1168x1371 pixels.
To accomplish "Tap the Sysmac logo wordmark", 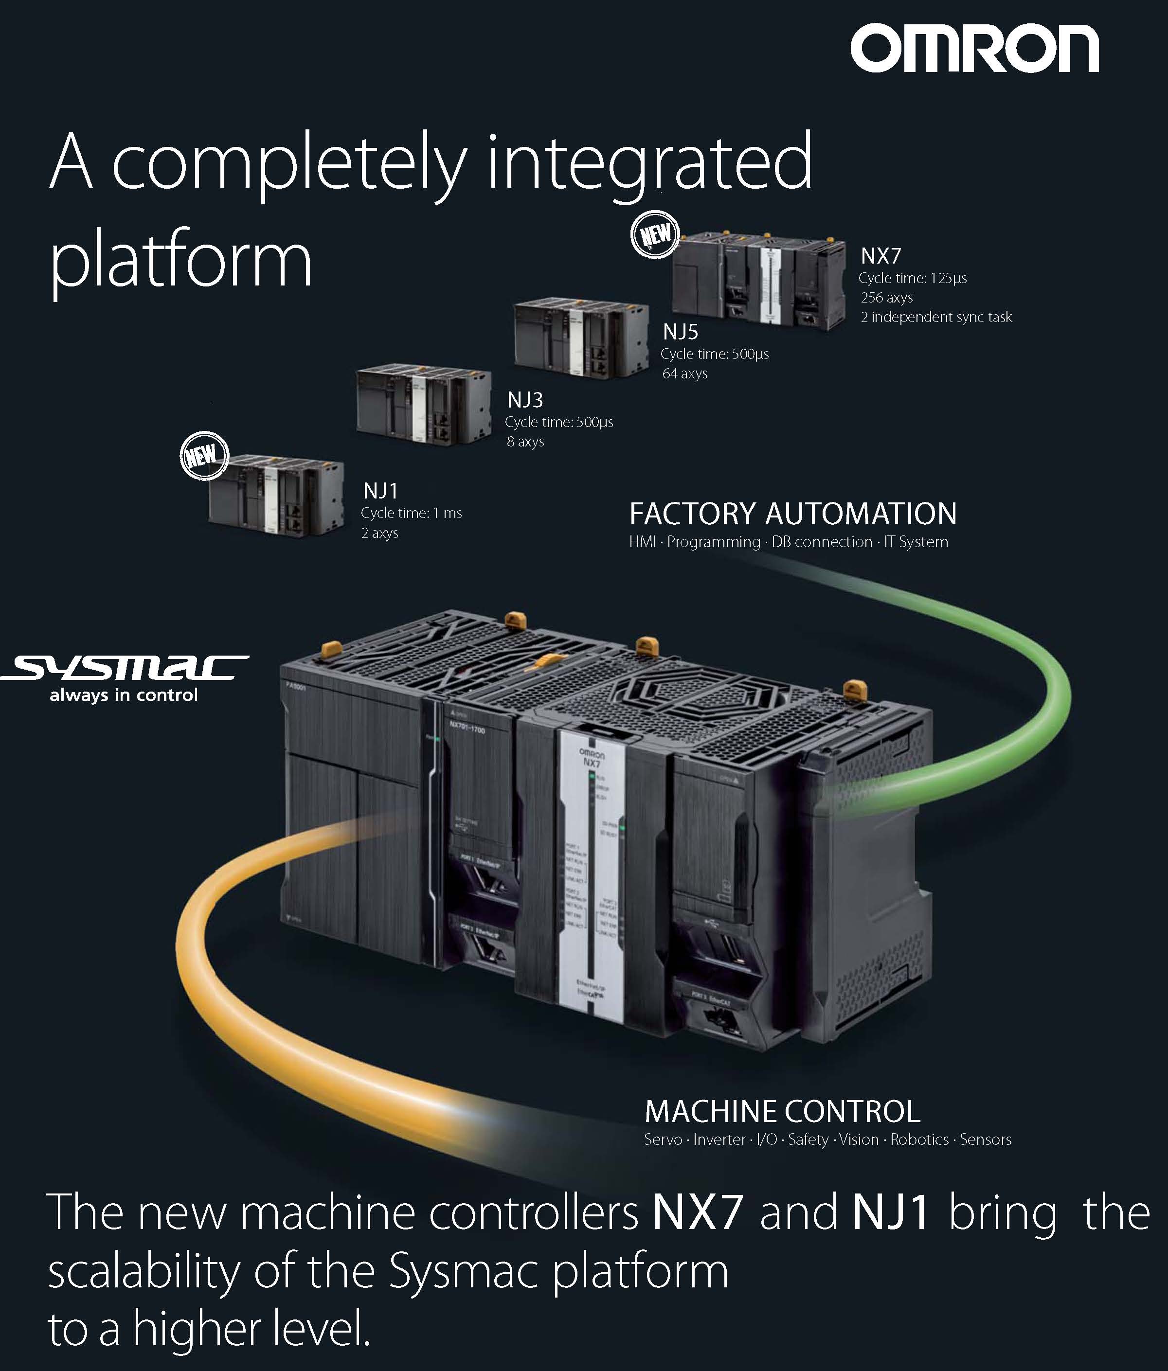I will pyautogui.click(x=126, y=668).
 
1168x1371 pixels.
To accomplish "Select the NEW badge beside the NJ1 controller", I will pyautogui.click(x=204, y=456).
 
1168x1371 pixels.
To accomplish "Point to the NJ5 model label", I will pyautogui.click(x=680, y=332).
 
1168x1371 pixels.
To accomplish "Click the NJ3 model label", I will pyautogui.click(x=525, y=400).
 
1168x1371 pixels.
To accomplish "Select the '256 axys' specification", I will pyautogui.click(x=887, y=298).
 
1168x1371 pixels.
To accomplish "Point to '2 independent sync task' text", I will pyautogui.click(x=936, y=318).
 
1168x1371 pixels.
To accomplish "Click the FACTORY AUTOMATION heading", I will pyautogui.click(x=793, y=514).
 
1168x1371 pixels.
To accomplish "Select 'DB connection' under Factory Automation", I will pyautogui.click(x=822, y=542).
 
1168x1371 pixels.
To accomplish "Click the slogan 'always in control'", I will pyautogui.click(x=124, y=695).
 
